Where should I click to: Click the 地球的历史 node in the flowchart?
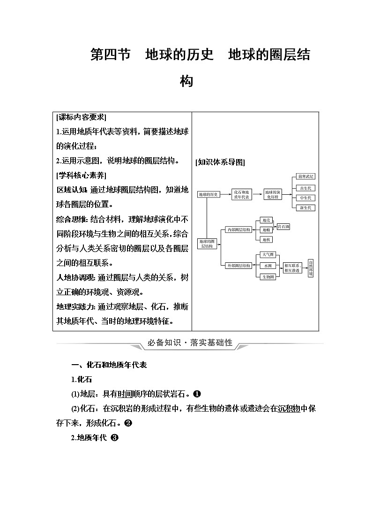tap(208, 194)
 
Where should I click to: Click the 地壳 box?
tap(266, 220)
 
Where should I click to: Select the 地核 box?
tap(266, 239)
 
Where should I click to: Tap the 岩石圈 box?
tap(283, 227)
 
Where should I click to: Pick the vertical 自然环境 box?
tap(310, 268)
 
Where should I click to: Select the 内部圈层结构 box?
tap(238, 229)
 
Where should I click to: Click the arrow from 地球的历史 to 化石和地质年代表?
tap(226, 194)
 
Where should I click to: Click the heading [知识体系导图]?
tap(220, 162)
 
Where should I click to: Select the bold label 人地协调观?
tap(71, 278)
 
